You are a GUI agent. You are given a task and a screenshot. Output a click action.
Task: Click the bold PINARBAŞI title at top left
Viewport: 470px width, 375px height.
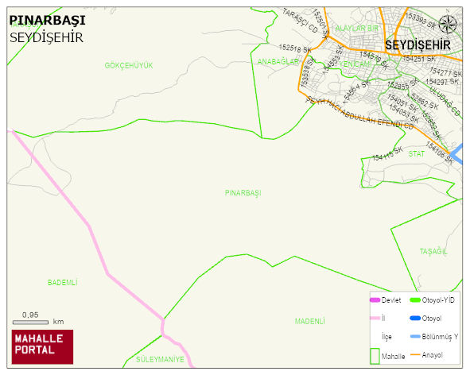pos(47,21)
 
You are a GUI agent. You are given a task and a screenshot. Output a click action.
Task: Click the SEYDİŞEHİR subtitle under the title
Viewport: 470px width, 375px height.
pos(46,37)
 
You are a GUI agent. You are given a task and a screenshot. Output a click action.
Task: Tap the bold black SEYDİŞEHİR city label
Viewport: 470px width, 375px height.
pos(418,45)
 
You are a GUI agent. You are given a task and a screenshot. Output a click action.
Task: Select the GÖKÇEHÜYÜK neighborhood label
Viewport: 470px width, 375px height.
pos(128,65)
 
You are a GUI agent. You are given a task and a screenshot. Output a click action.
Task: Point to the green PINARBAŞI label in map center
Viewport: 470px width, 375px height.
pos(243,193)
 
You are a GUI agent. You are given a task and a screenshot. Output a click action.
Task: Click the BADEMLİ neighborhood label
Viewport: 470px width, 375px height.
pos(63,282)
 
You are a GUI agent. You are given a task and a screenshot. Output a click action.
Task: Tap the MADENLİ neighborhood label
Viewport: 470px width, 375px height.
pos(309,321)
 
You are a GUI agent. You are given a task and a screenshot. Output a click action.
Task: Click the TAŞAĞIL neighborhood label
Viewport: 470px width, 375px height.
pos(433,251)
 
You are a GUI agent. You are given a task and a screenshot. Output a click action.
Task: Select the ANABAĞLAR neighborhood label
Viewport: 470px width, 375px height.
pos(278,61)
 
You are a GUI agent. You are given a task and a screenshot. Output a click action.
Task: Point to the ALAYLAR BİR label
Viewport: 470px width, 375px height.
pos(357,28)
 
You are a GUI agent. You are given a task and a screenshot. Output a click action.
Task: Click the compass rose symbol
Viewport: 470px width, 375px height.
pos(448,24)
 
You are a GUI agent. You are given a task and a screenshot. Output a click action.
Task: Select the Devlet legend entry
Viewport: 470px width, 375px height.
pos(385,300)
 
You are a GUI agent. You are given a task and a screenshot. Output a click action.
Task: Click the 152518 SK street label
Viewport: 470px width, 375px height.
pos(295,49)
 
